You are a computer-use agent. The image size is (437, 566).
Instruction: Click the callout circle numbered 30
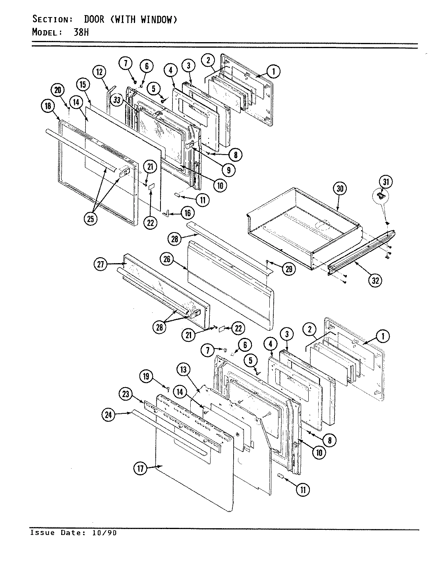point(340,188)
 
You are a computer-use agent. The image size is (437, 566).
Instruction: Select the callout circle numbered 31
point(386,183)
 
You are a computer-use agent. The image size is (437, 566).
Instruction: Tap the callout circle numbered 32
point(375,280)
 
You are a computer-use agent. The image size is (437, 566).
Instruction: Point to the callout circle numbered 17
point(140,469)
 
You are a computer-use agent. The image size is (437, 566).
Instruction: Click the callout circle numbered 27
point(101,264)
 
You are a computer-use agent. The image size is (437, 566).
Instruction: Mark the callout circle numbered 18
point(47,106)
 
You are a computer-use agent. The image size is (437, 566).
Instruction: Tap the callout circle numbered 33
point(117,101)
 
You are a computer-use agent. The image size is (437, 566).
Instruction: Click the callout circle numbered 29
point(289,269)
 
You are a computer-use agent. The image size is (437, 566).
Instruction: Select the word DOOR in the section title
point(94,19)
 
